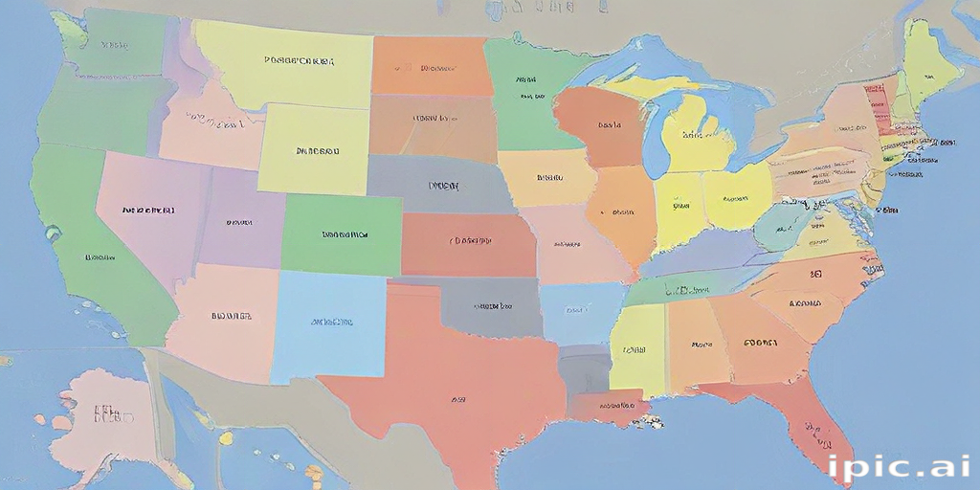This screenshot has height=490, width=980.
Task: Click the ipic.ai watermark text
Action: point(899,466)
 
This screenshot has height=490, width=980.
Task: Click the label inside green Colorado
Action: point(344,234)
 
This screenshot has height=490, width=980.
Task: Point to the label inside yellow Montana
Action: point(299,60)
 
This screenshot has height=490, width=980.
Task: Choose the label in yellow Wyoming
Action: point(317,150)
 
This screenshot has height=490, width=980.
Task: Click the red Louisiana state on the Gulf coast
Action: point(607,409)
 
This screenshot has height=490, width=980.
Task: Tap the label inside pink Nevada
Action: point(148,209)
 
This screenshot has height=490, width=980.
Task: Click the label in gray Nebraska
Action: point(443,186)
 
